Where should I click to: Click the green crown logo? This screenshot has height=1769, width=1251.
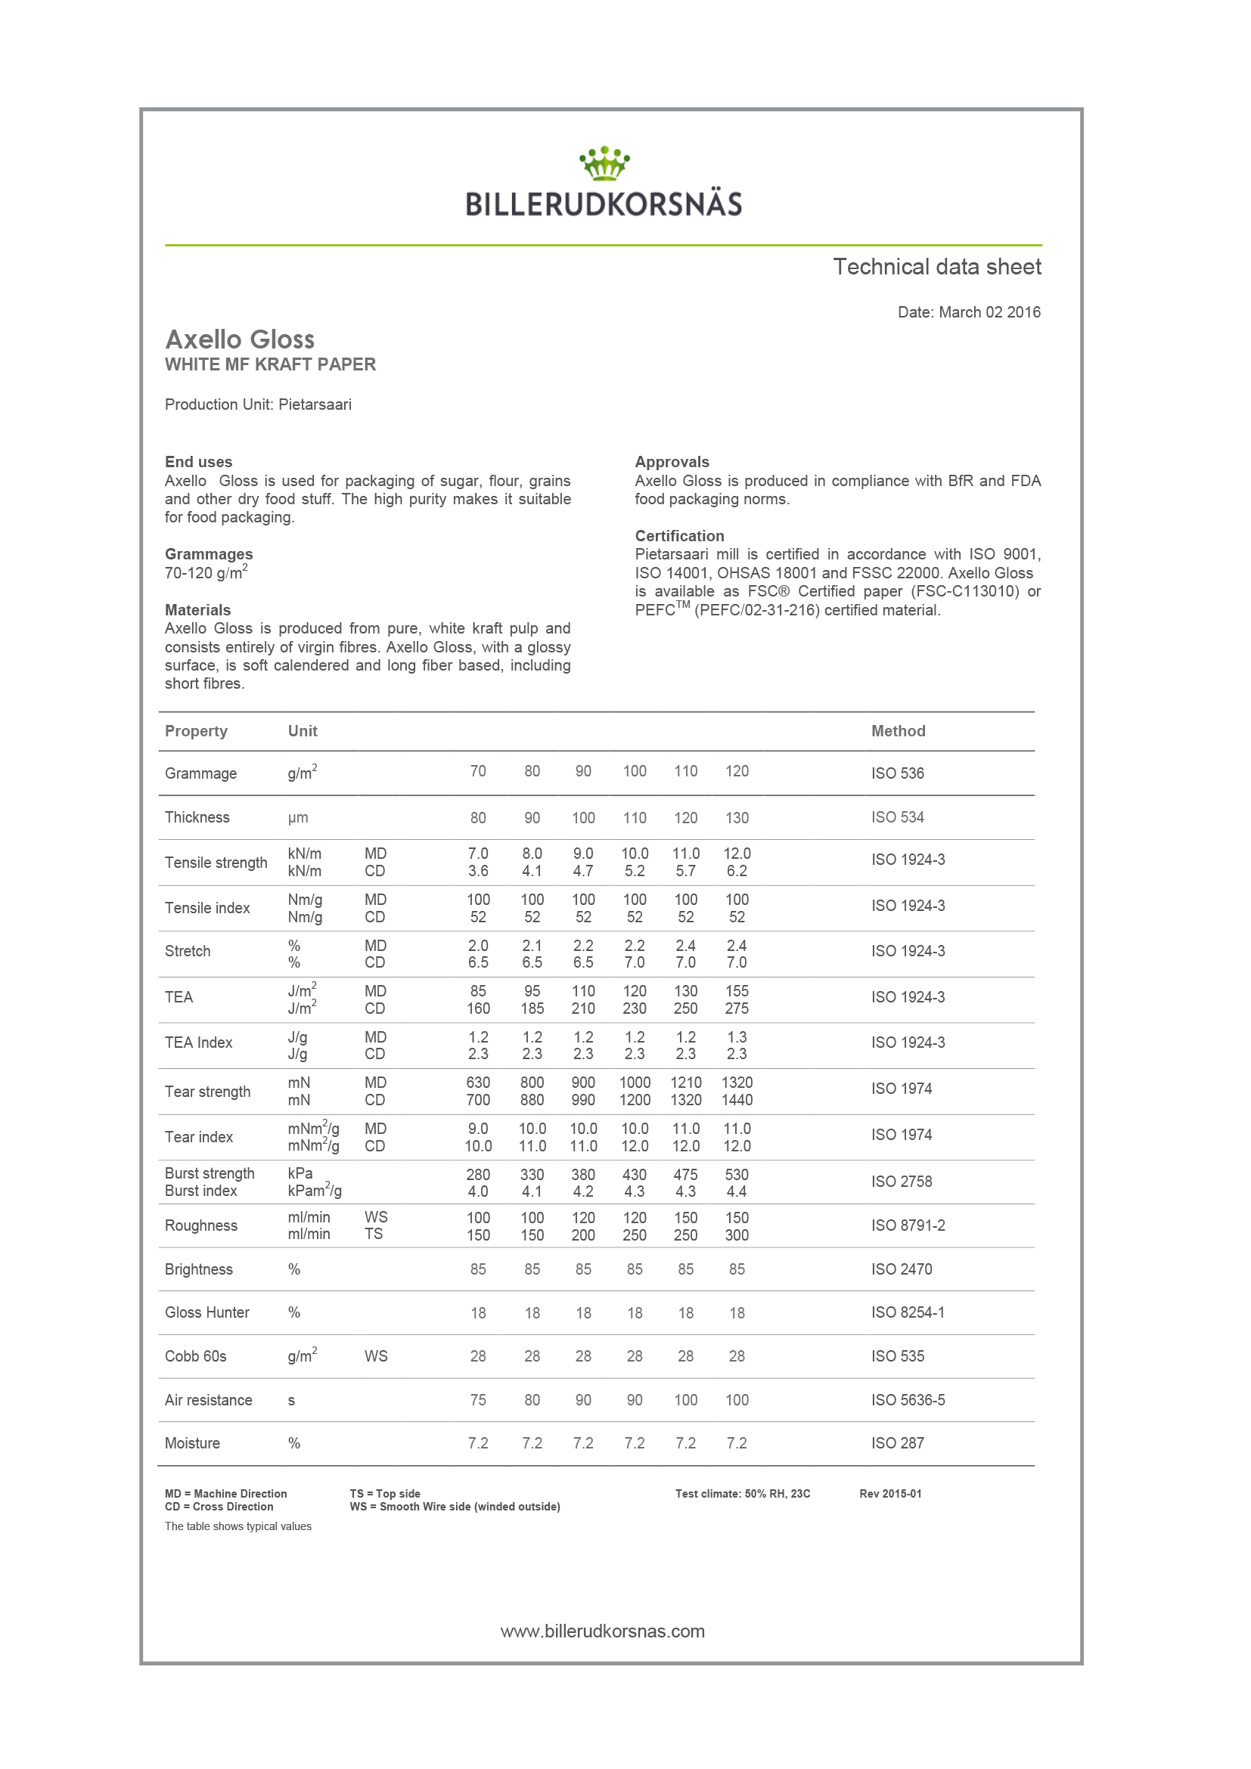[604, 163]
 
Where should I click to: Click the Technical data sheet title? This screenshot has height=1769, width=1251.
[936, 267]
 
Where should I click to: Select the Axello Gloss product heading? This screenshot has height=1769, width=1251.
[240, 339]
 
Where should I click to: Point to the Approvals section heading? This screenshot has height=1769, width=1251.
[672, 461]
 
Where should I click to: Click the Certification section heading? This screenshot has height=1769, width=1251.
[679, 535]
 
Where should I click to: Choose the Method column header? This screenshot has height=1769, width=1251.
[898, 731]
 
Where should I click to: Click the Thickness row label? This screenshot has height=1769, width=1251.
[197, 817]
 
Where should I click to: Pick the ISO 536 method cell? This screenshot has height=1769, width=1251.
[897, 773]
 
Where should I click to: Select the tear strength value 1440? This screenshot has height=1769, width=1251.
[737, 1100]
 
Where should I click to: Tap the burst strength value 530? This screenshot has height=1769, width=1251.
[737, 1174]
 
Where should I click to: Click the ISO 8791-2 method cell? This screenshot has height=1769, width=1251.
[908, 1225]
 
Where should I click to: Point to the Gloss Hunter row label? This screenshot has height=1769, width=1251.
[206, 1312]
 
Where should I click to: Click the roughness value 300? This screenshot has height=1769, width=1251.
[737, 1235]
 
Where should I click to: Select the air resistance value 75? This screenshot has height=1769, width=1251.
[478, 1400]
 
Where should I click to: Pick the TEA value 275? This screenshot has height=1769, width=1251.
[737, 1008]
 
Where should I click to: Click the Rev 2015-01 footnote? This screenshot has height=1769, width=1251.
[890, 1493]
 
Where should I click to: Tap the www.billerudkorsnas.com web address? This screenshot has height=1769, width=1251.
[603, 1631]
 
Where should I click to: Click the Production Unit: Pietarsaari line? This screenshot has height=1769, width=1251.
[257, 404]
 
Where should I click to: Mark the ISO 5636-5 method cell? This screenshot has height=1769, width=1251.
[908, 1400]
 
